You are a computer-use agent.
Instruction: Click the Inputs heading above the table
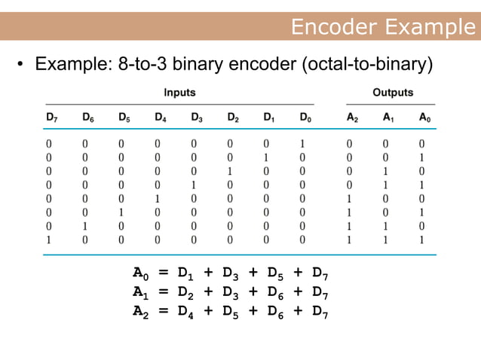pos(179,93)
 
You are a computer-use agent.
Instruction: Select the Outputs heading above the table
pos(393,93)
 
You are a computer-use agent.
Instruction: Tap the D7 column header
pos(50,117)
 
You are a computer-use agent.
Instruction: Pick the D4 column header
pos(161,117)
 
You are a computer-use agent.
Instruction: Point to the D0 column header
pos(305,117)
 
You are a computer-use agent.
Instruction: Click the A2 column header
pos(353,117)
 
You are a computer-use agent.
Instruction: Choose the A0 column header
pos(425,117)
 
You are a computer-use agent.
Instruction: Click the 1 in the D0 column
pos(303,143)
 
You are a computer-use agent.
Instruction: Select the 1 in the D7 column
pos(49,239)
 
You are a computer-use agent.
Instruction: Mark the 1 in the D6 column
pos(87,226)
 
